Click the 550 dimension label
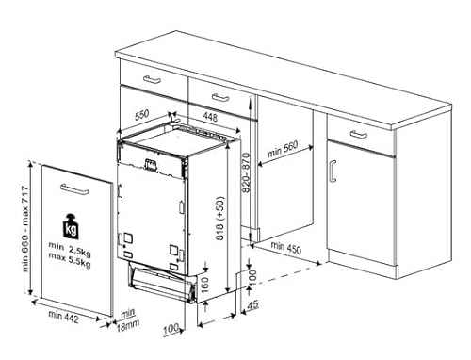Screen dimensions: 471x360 141,115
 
